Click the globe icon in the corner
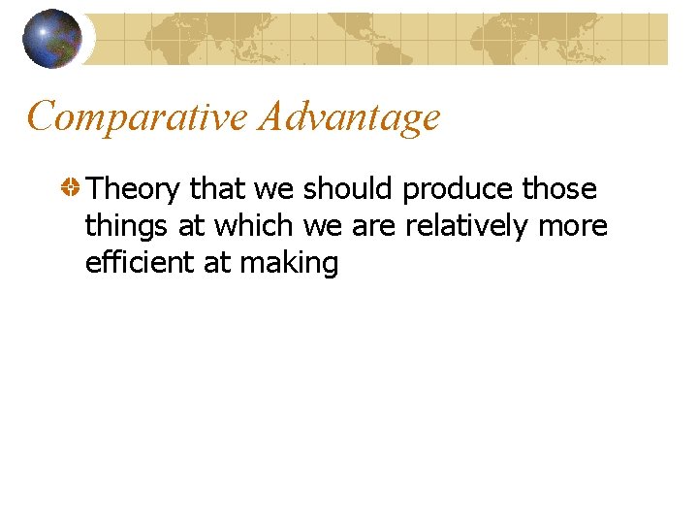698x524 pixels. coord(52,39)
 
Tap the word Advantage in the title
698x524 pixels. coord(349,118)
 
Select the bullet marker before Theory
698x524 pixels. coord(70,188)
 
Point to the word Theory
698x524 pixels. coord(133,188)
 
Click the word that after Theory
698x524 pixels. coord(218,188)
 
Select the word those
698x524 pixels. coord(559,188)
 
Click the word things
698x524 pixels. coord(127,227)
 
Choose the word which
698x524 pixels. coord(255,225)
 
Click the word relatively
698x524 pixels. coord(465,227)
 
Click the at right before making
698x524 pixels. coord(216,264)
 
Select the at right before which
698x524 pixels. coord(192,227)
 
